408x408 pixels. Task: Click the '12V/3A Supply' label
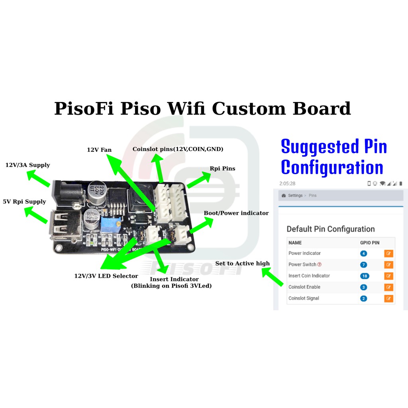tap(27, 165)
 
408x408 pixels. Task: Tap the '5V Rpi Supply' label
tap(24, 202)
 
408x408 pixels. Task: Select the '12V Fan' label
tap(99, 150)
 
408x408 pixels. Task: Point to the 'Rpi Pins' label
tap(222, 169)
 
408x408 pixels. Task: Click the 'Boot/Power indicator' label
tap(236, 213)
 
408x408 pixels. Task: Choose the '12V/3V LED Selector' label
tap(106, 276)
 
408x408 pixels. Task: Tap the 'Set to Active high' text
tap(242, 263)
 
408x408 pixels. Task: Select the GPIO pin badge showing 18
tap(364, 276)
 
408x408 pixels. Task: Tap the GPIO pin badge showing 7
tap(363, 265)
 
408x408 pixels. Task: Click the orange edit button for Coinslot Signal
tap(388, 298)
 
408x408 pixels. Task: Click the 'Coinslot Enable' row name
tap(304, 287)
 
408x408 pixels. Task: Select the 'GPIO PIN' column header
tap(370, 243)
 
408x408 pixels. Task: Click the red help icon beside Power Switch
tap(320, 265)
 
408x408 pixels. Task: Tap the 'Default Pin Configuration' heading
tap(330, 229)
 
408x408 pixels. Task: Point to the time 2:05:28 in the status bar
tap(287, 184)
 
